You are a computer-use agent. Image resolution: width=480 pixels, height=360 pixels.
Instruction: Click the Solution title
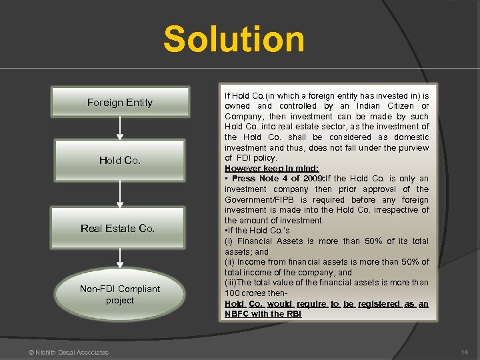click(234, 39)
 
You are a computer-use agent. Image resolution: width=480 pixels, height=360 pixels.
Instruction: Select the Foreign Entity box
click(120, 102)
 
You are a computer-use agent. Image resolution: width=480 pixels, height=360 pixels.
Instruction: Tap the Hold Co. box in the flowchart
click(120, 161)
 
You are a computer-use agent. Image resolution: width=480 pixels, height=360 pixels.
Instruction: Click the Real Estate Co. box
click(118, 228)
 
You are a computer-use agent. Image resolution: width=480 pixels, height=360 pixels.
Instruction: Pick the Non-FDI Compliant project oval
click(120, 295)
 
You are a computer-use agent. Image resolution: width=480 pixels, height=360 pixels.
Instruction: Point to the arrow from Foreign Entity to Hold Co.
click(120, 131)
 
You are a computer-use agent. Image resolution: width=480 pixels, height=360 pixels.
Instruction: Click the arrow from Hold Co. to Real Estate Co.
click(120, 193)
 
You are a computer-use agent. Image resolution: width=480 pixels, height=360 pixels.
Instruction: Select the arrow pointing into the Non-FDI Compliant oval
click(120, 259)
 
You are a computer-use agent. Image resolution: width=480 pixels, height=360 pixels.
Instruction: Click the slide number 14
click(464, 352)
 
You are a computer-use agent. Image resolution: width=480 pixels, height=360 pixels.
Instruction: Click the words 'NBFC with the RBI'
click(263, 314)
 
